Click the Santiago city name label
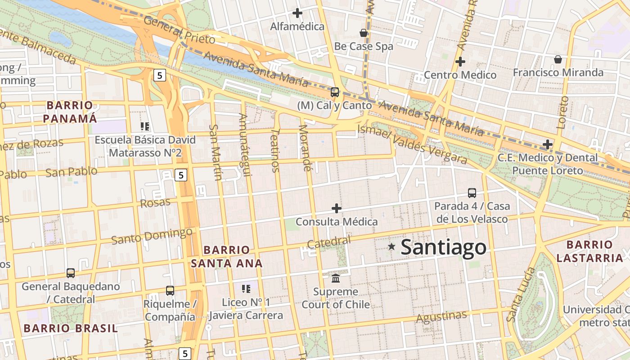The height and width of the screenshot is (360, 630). point(443,247)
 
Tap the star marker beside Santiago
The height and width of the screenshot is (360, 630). point(391,247)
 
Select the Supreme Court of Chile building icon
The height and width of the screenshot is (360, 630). point(336,279)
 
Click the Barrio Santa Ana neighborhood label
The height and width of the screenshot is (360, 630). point(226,256)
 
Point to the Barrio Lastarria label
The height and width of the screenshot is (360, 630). point(589,252)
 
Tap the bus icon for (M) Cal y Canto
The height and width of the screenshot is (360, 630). point(334,92)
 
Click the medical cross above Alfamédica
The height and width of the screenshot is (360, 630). point(297,13)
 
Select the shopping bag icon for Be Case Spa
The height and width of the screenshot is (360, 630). point(364,33)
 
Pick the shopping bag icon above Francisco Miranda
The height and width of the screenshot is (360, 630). point(558,59)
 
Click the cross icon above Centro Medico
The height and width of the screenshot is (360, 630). point(460,62)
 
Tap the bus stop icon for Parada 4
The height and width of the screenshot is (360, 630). point(472,193)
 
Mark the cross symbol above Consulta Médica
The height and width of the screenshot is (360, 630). point(336,208)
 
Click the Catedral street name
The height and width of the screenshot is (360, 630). point(328,242)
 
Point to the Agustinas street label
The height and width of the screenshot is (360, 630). point(441,317)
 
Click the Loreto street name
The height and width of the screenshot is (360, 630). point(562,112)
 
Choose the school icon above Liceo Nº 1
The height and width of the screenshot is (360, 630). point(246,289)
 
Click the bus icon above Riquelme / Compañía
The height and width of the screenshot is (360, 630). point(170,291)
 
